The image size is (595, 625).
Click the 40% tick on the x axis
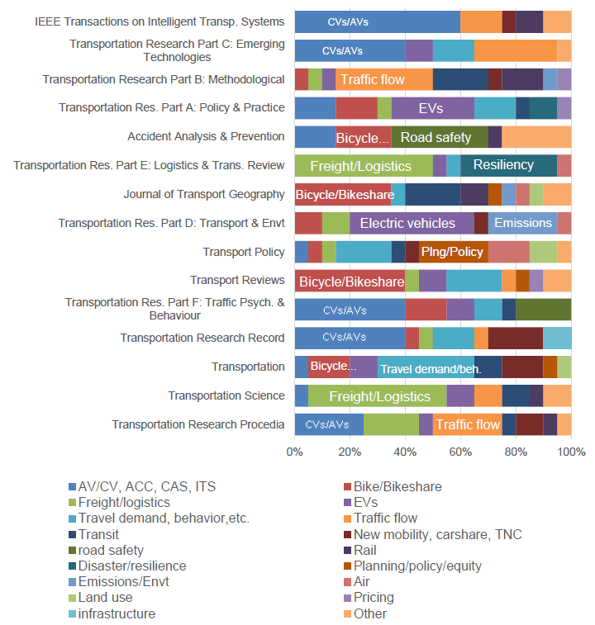click(x=405, y=452)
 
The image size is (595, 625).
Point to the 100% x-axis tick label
click(x=571, y=452)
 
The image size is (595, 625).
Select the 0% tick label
click(x=295, y=452)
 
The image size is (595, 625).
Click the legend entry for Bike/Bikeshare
click(x=397, y=487)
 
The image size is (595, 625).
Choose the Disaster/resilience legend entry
click(x=131, y=566)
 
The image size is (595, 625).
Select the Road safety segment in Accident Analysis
click(x=436, y=137)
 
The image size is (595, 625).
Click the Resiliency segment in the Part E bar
click(x=502, y=165)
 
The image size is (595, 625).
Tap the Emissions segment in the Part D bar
click(x=522, y=223)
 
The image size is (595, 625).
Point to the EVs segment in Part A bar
click(x=431, y=108)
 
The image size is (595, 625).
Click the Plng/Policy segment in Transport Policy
click(x=452, y=251)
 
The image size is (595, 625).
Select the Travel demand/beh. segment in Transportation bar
click(x=431, y=367)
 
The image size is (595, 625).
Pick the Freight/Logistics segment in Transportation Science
click(x=379, y=396)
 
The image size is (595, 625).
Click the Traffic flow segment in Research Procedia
click(x=467, y=424)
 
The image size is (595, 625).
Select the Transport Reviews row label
click(x=237, y=281)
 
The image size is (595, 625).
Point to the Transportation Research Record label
click(x=202, y=338)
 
